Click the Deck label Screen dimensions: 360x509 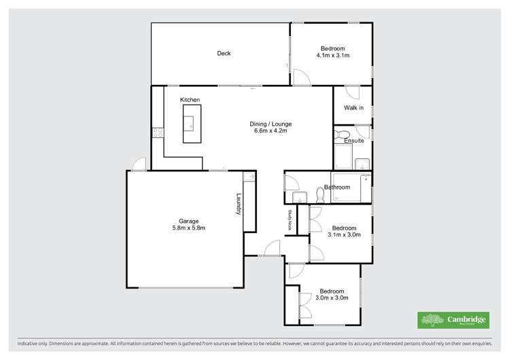224,54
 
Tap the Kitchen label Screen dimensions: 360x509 190,101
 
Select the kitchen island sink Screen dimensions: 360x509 190,124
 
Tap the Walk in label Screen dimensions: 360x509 353,108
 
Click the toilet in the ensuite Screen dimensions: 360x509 342,134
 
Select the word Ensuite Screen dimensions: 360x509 354,141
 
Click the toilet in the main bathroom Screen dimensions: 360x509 299,197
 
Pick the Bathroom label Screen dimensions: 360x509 337,187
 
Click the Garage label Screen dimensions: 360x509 188,221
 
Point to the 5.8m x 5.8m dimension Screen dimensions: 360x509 188,228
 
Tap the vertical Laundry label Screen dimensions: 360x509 239,203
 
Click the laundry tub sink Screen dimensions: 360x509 249,178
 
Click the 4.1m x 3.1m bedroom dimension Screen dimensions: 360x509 333,56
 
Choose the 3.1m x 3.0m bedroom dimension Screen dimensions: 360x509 343,235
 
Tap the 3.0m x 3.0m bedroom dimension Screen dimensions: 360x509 332,298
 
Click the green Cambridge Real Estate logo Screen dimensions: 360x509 451,320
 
